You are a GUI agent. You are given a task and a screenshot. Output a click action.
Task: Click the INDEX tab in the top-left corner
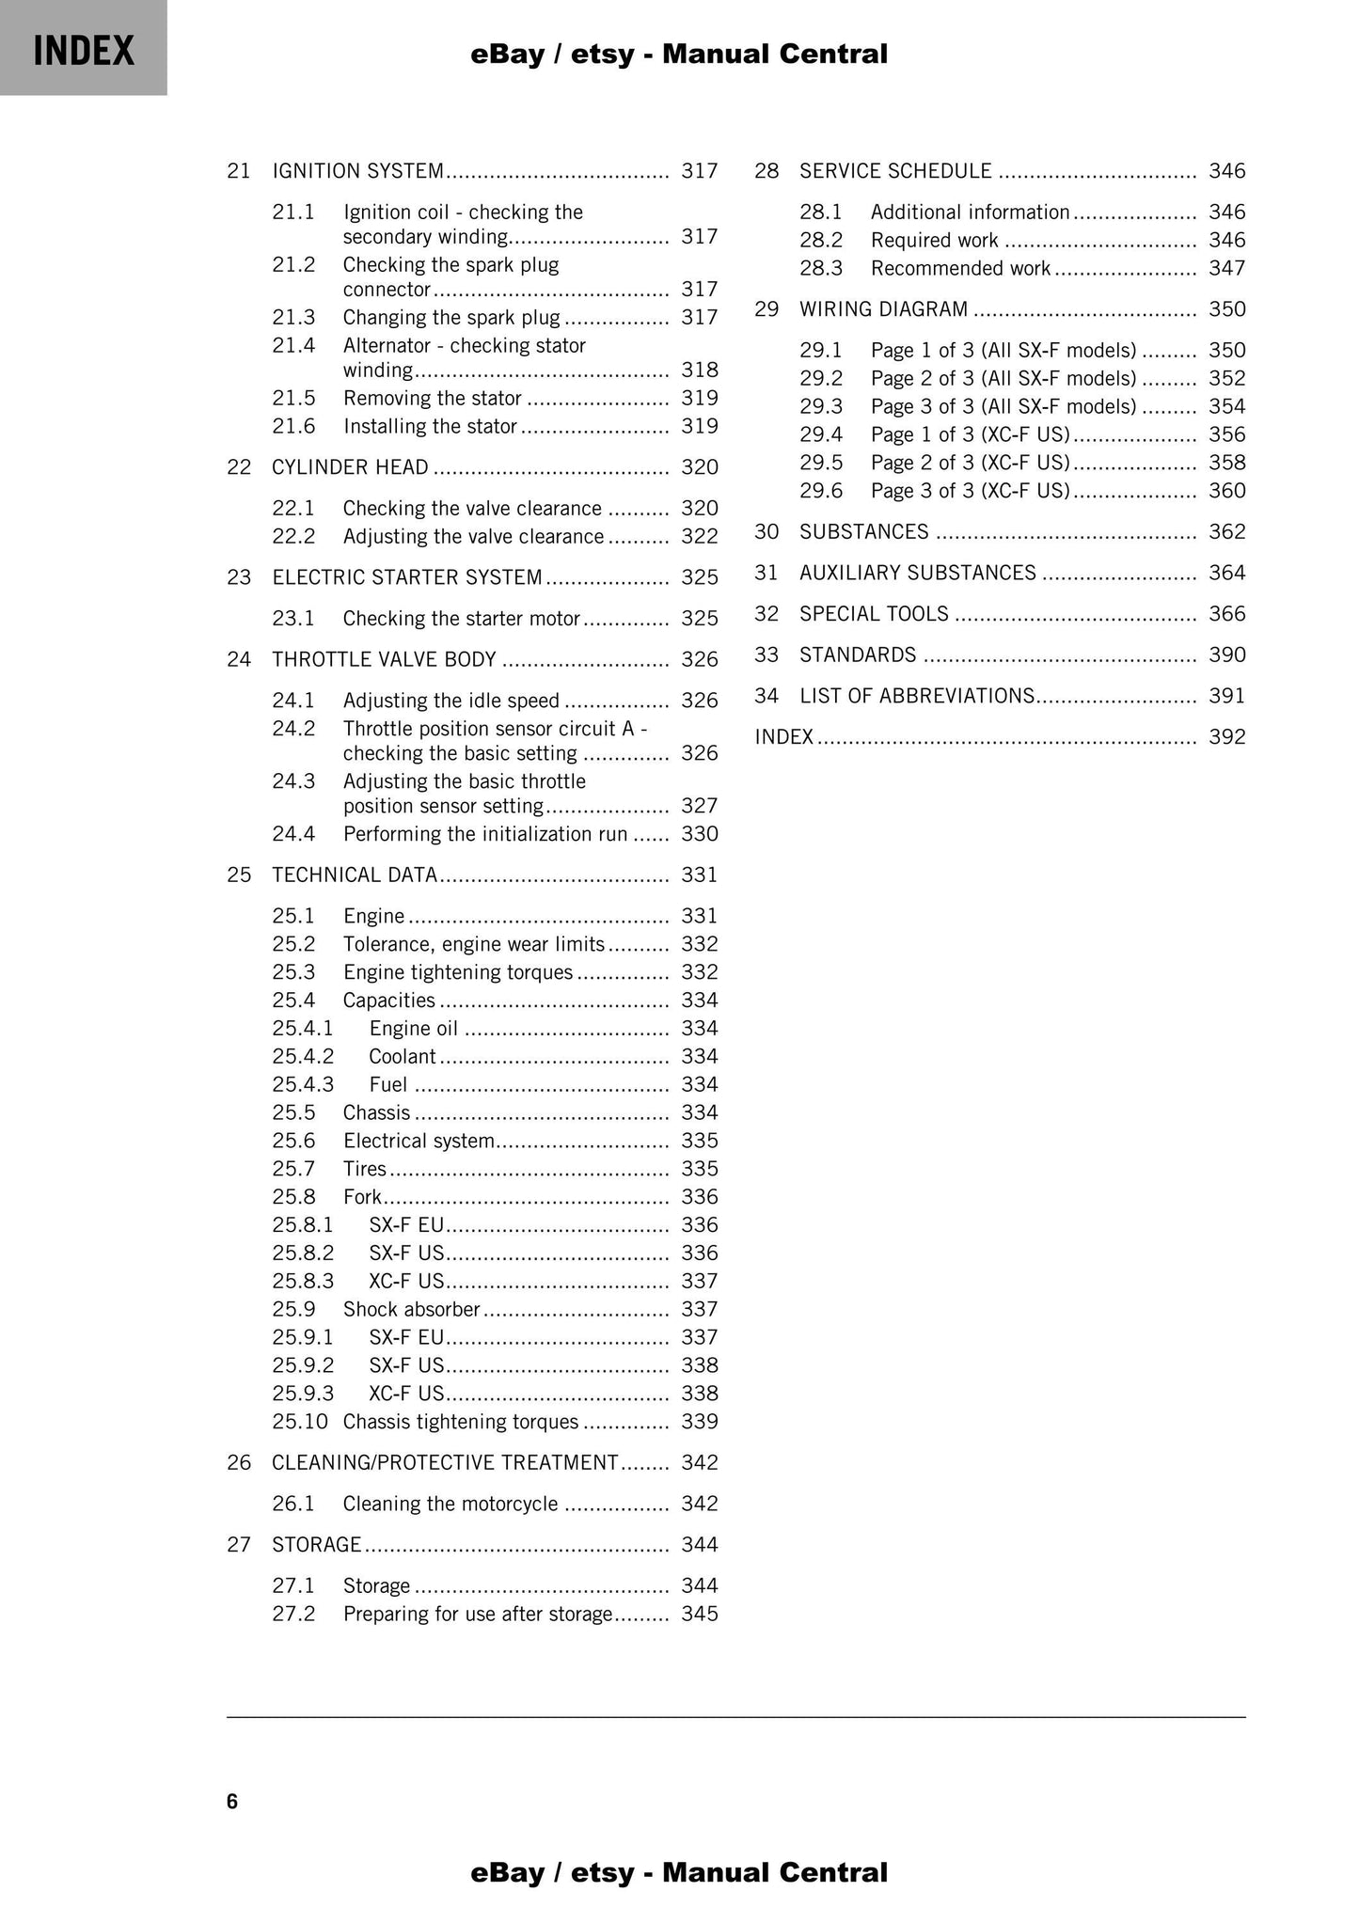click(x=84, y=49)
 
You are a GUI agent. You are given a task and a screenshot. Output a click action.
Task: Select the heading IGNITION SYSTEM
click(x=357, y=171)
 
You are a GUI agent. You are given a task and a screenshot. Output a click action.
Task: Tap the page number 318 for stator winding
click(x=699, y=370)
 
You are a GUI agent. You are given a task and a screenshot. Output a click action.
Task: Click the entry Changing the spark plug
click(x=450, y=318)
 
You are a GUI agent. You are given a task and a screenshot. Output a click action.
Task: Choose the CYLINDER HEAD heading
click(x=350, y=467)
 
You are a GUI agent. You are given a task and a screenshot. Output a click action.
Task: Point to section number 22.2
click(x=293, y=537)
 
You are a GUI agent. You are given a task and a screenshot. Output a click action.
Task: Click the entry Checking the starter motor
click(x=461, y=619)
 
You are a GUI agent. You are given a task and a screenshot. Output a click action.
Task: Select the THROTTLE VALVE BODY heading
click(x=384, y=660)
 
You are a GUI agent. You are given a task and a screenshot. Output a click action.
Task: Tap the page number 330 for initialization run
click(x=699, y=834)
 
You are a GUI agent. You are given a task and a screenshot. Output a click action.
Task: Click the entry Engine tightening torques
click(x=457, y=972)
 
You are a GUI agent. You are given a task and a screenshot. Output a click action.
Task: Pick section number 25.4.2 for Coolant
click(x=303, y=1057)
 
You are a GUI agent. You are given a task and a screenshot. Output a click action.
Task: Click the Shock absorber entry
click(x=411, y=1310)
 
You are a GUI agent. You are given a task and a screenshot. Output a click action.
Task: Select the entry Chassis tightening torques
click(x=460, y=1422)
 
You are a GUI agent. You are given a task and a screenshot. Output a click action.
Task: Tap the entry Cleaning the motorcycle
click(x=450, y=1505)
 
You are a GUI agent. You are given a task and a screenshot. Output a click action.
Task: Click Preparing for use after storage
click(x=477, y=1615)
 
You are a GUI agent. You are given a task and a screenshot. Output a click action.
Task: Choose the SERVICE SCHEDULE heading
click(x=895, y=171)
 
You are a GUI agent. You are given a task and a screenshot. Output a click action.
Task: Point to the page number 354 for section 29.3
click(x=1226, y=407)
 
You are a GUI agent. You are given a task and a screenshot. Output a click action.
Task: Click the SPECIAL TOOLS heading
click(x=874, y=614)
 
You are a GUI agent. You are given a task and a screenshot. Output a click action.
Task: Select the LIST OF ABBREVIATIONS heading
click(x=917, y=697)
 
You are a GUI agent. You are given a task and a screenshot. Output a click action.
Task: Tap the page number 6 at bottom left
click(x=232, y=1802)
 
